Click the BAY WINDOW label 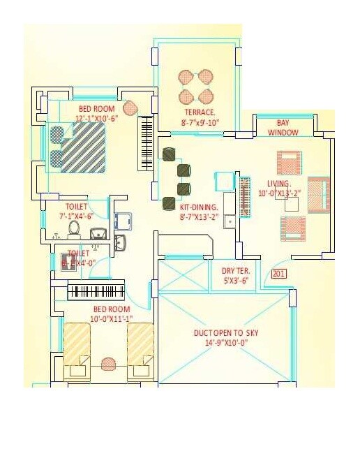tap(283, 128)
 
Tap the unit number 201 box tap(279, 274)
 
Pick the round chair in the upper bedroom tap(130, 108)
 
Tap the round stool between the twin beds tap(108, 364)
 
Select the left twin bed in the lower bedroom tap(77, 351)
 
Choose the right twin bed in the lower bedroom tap(140, 351)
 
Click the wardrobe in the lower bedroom tap(96, 291)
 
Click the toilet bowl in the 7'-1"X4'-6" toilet tap(74, 228)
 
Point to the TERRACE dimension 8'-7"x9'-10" tap(200, 122)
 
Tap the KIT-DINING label tap(200, 207)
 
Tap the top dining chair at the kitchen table tap(168, 154)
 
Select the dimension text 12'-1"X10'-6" tap(98, 119)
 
